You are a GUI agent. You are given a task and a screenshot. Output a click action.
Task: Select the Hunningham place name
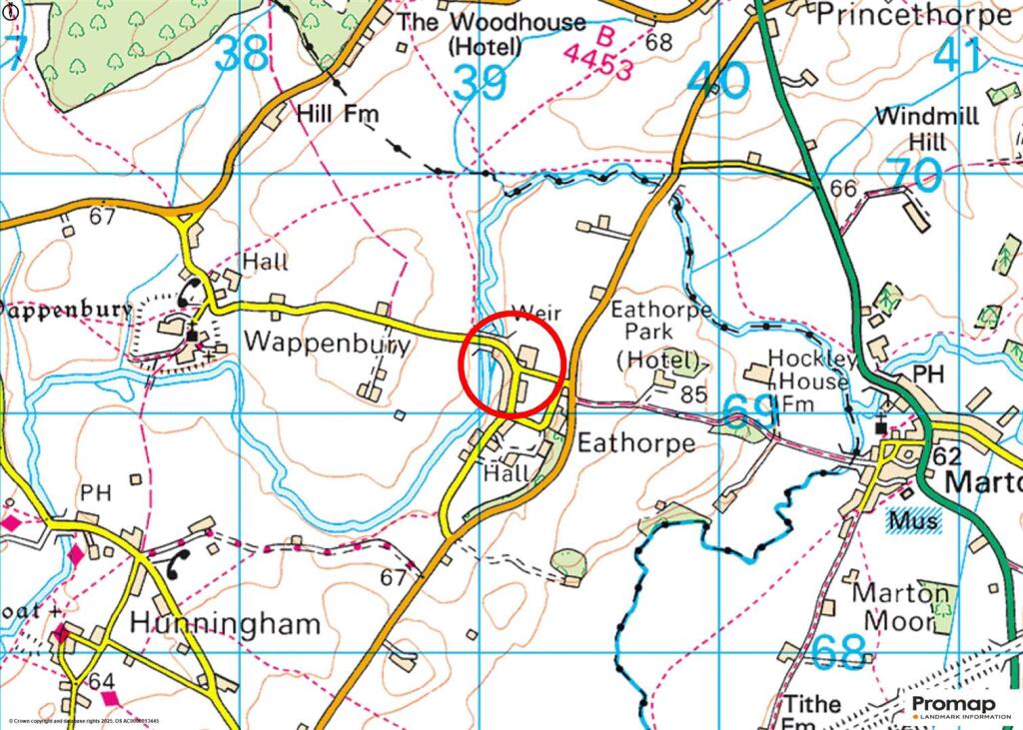[226, 625]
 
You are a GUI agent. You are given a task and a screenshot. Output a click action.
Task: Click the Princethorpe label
[913, 16]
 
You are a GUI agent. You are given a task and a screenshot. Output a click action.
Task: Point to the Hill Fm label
[338, 114]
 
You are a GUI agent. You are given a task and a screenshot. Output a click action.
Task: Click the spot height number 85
[693, 394]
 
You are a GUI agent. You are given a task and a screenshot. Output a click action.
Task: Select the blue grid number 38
[242, 54]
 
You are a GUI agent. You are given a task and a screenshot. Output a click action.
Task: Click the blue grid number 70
[915, 176]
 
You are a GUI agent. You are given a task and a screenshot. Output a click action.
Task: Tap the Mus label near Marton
[912, 521]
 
